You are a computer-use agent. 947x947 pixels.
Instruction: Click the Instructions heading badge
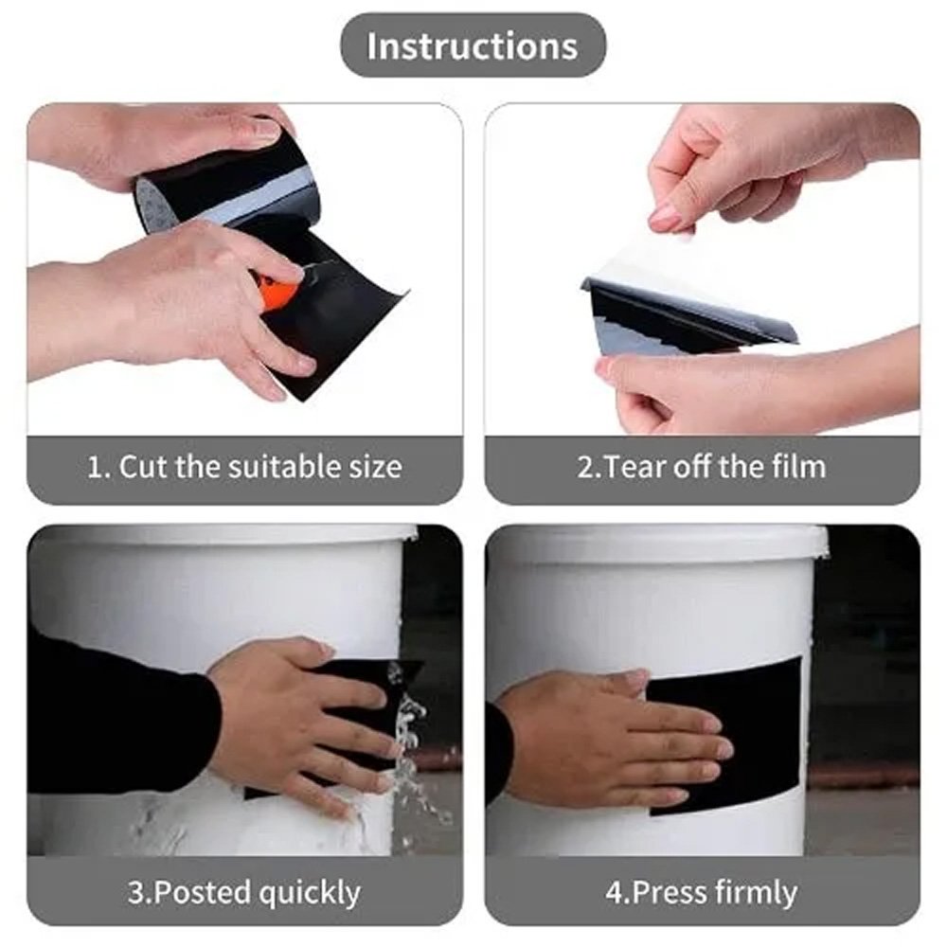[473, 45]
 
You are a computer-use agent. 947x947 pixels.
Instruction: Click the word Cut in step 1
[144, 467]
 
